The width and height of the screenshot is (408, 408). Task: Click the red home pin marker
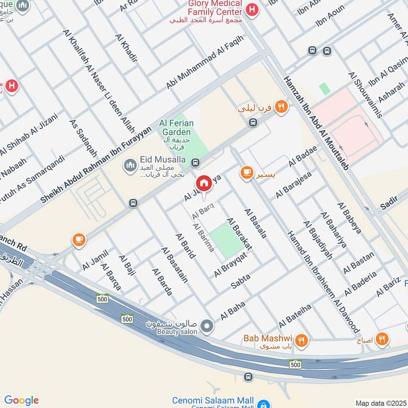click(x=203, y=184)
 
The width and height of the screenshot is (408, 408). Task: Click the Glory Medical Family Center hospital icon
click(x=251, y=9)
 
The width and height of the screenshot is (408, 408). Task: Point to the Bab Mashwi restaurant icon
click(x=302, y=339)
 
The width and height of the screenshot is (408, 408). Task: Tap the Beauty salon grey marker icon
click(x=207, y=325)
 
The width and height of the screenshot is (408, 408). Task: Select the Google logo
click(x=21, y=400)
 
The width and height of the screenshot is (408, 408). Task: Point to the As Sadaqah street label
click(x=83, y=140)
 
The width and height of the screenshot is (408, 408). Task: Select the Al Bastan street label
click(x=359, y=263)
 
